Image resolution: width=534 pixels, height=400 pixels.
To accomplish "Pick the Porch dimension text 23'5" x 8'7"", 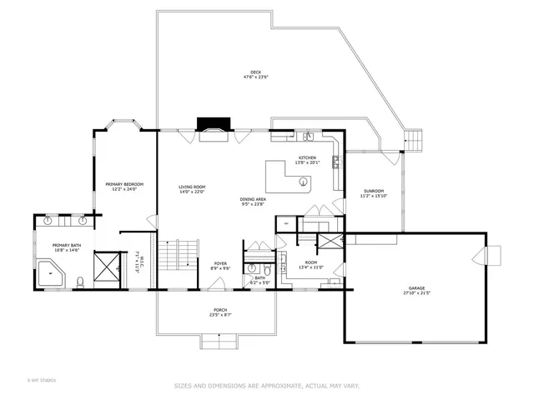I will [x=220, y=315].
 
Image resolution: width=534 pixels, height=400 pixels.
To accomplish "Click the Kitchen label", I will [x=307, y=158].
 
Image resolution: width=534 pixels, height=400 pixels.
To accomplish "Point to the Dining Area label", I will [x=253, y=200].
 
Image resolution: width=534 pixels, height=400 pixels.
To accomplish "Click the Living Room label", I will [x=192, y=187].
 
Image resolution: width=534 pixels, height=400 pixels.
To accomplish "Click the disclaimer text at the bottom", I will [x=266, y=386].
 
